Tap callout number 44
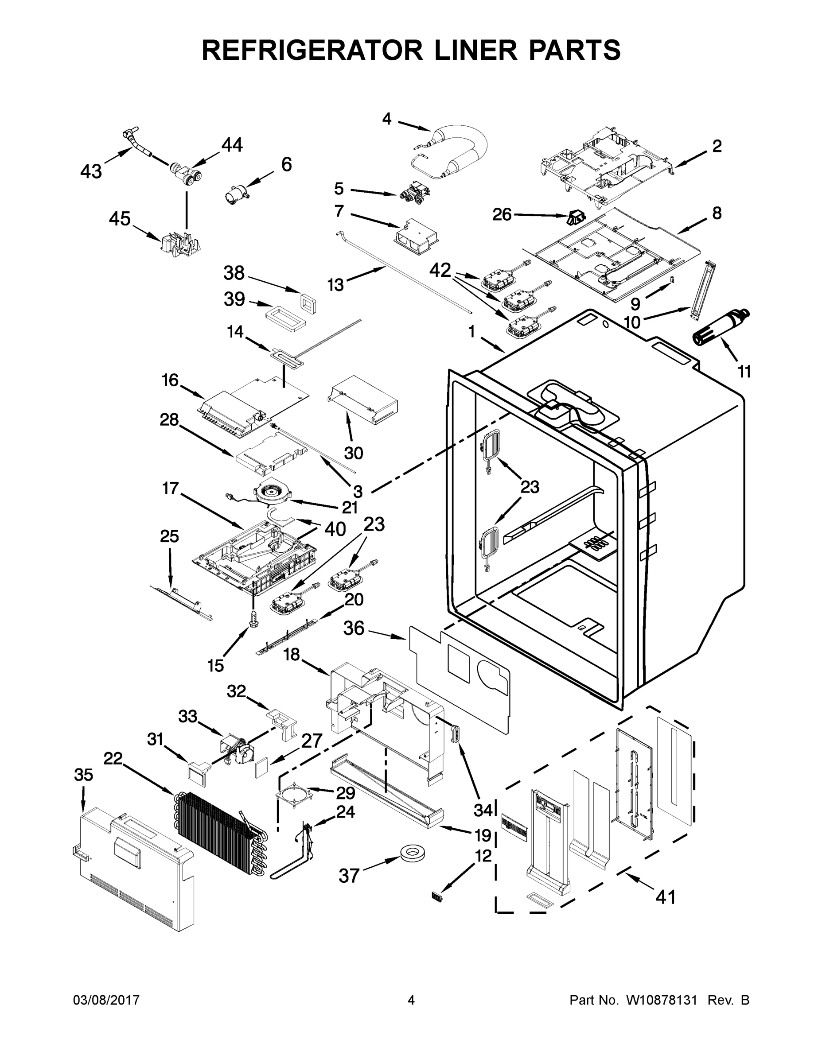(232, 144)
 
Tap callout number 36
(354, 628)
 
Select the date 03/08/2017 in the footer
(106, 1001)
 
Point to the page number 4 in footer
(411, 1001)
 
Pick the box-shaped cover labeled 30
(363, 400)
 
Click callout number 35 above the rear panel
(83, 775)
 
